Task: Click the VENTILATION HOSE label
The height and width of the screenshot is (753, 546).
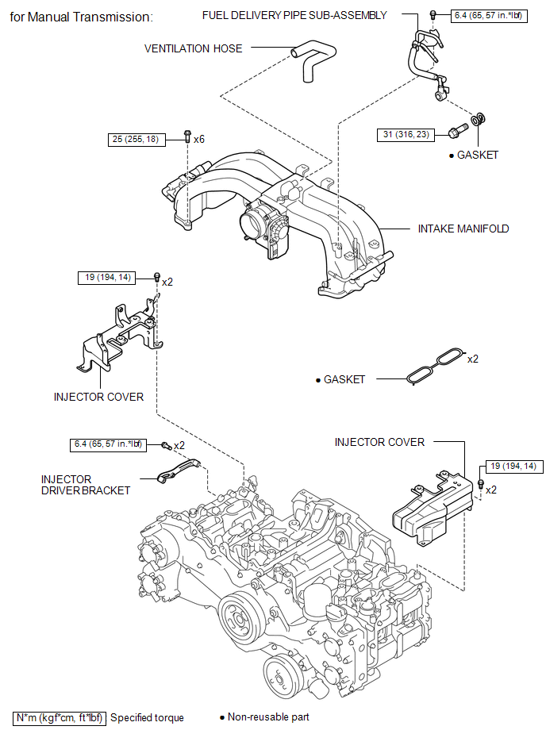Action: coord(193,48)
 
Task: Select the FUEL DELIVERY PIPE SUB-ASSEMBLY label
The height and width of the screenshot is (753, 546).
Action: coord(294,15)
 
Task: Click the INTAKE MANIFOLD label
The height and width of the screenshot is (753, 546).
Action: coord(463,229)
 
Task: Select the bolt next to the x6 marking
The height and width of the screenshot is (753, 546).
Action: coord(188,136)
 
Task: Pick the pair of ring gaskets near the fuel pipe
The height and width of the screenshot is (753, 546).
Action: coord(479,119)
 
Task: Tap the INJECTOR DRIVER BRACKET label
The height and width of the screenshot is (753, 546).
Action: coord(86,485)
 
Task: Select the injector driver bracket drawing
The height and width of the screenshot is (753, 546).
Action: coord(179,471)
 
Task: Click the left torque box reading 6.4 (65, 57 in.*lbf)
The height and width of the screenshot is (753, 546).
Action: coord(108,444)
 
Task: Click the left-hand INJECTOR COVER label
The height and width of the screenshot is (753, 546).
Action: coord(98,398)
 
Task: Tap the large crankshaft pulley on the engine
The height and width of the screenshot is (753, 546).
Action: coord(241,619)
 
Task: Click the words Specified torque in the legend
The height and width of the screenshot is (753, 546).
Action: coord(147,718)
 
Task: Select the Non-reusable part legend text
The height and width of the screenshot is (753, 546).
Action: coord(268,717)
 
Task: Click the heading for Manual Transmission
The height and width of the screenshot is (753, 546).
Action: coord(81,17)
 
